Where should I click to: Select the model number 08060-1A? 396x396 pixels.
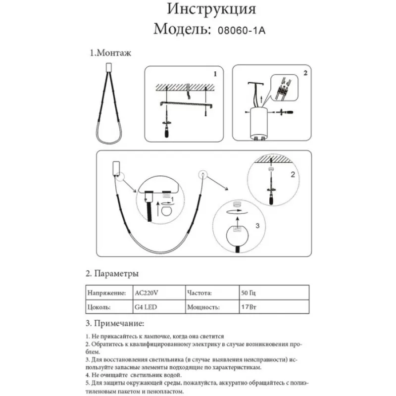pyautogui.click(x=242, y=30)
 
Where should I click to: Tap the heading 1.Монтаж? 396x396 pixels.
pyautogui.click(x=110, y=53)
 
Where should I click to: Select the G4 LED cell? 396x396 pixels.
pyautogui.click(x=147, y=307)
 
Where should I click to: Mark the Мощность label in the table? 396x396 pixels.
pyautogui.click(x=203, y=307)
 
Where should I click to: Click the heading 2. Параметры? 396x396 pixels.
pyautogui.click(x=112, y=274)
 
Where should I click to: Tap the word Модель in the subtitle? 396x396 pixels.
pyautogui.click(x=183, y=29)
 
